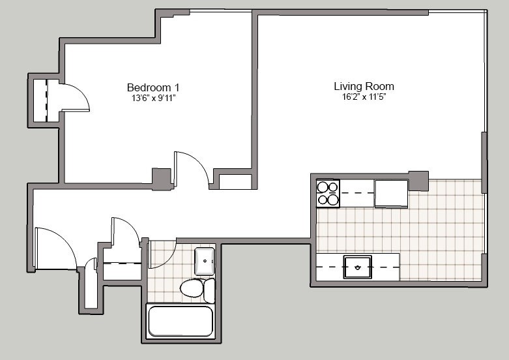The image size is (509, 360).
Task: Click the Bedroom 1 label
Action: (153, 87)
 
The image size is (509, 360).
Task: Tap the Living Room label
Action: (364, 86)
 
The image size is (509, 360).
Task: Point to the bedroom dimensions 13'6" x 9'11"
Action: (154, 98)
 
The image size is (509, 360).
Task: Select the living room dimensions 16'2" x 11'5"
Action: (364, 97)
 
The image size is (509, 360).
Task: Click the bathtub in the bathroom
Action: (181, 321)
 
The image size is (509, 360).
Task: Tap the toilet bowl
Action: (192, 288)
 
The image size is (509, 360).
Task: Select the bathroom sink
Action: (205, 261)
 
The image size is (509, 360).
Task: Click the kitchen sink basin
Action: (357, 267)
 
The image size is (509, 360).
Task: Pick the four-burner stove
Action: (328, 193)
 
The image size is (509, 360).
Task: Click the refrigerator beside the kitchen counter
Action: (392, 194)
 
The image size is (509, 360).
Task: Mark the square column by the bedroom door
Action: (162, 178)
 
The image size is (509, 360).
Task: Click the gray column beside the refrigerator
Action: (418, 181)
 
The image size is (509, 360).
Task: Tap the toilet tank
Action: (209, 290)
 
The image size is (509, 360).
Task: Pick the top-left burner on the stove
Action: (323, 187)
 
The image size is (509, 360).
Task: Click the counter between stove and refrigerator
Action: (357, 193)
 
